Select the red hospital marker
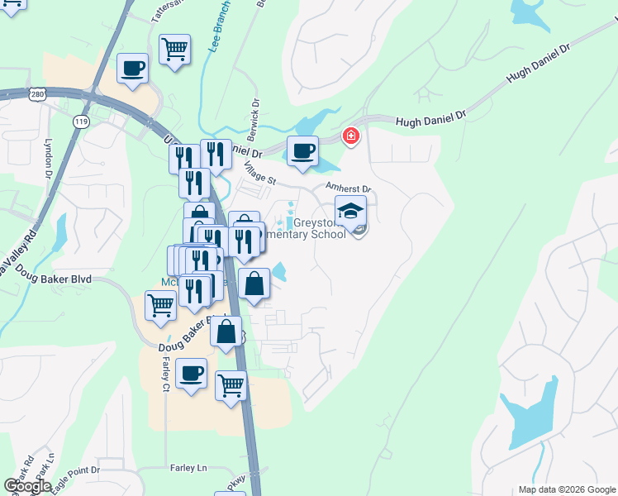click(351, 135)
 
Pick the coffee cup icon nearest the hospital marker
click(303, 151)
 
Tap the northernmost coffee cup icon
click(132, 68)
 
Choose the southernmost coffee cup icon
click(192, 373)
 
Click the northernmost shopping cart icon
click(174, 50)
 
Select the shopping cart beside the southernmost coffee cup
click(231, 385)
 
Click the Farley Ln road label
click(188, 468)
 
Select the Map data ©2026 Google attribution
click(566, 489)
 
